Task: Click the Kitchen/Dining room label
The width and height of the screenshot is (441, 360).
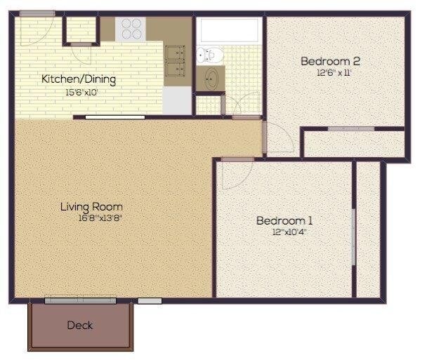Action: point(78,79)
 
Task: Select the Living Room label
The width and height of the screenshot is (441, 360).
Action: point(91,207)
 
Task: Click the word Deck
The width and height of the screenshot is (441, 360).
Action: point(80,325)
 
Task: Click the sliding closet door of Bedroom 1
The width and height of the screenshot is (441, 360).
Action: point(353,236)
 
